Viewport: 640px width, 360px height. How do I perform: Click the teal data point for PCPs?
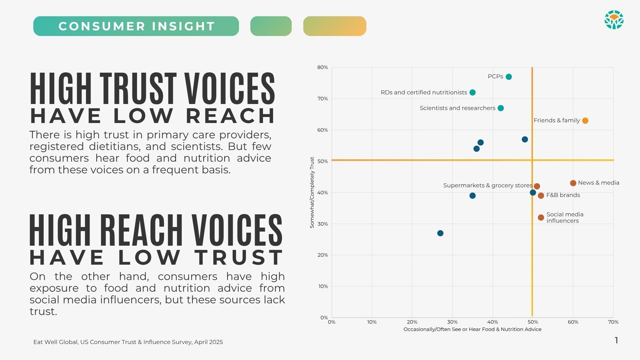(x=509, y=77)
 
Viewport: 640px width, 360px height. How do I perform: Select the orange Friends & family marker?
(x=585, y=121)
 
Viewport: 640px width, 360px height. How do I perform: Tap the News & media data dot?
(x=573, y=183)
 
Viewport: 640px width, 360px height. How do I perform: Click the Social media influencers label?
(x=565, y=217)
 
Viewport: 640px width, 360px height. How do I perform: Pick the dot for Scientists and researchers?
(x=501, y=108)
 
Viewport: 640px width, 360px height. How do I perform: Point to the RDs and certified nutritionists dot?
(x=472, y=92)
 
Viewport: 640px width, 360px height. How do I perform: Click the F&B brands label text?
(x=563, y=195)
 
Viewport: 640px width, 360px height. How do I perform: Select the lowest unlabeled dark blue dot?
(x=440, y=233)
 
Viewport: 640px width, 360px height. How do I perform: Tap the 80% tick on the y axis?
(x=323, y=67)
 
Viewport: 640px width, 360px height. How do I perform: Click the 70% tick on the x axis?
(x=613, y=322)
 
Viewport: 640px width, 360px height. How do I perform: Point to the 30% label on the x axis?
(x=452, y=322)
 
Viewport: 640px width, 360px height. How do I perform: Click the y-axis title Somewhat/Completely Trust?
(x=312, y=192)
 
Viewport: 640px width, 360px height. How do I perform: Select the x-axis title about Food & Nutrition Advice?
(x=472, y=329)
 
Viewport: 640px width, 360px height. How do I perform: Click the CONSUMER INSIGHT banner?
(x=136, y=26)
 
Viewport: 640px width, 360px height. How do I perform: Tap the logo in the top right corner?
(x=614, y=20)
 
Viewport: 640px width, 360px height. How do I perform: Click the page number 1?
(x=616, y=340)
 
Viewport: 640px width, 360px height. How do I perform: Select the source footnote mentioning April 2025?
(x=128, y=342)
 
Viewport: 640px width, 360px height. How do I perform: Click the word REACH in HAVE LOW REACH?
(x=230, y=116)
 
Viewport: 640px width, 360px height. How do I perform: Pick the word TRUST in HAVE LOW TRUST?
(x=239, y=257)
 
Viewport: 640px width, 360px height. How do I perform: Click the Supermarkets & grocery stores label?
(x=487, y=185)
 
